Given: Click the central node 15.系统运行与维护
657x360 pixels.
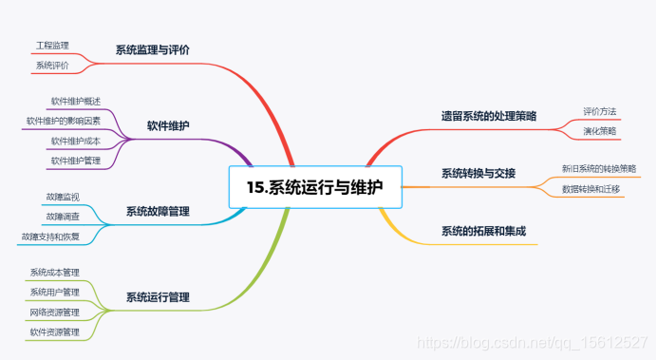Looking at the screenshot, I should [x=315, y=187].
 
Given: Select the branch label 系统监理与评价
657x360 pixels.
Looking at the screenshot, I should [x=152, y=49].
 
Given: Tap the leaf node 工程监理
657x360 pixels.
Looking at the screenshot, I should [x=52, y=46].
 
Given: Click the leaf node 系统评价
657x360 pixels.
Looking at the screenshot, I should [x=52, y=65].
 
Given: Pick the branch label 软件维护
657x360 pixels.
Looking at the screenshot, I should [x=167, y=125].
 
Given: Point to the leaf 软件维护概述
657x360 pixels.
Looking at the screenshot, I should [x=76, y=101].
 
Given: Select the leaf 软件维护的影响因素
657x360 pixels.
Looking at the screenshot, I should [x=63, y=121].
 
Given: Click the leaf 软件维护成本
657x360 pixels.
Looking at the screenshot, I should [x=76, y=141].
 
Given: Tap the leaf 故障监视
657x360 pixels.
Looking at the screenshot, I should [x=63, y=197].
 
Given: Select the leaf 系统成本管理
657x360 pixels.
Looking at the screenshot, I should [x=54, y=273].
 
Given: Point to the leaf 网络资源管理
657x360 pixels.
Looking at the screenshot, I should [x=54, y=312].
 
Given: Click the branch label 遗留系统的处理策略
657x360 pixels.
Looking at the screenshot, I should [x=488, y=116].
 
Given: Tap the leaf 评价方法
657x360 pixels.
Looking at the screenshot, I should [x=599, y=111].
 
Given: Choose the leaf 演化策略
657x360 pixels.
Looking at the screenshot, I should [x=599, y=131].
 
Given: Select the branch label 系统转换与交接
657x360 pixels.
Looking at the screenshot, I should [x=478, y=173].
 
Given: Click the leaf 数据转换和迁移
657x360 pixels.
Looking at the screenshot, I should [x=591, y=189].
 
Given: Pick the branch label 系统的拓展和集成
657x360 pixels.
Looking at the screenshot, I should [x=483, y=231].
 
